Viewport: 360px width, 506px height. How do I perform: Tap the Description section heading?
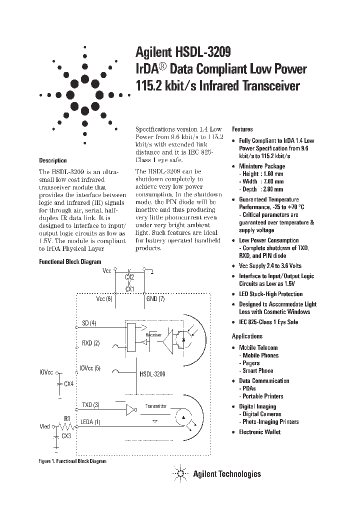tap(53, 160)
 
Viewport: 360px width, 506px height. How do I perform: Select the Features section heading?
tap(242, 129)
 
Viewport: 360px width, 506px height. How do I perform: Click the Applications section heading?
tap(247, 336)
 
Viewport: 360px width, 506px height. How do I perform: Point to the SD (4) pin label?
tap(89, 323)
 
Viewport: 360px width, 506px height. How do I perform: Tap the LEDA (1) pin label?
tap(91, 421)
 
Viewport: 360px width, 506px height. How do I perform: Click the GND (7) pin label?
tap(155, 298)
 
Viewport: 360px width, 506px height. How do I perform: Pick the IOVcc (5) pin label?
tap(90, 368)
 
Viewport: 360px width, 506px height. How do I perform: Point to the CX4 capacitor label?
tap(69, 383)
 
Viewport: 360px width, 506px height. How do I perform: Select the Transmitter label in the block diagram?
tap(156, 406)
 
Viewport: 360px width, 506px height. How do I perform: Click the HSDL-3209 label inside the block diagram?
tap(152, 373)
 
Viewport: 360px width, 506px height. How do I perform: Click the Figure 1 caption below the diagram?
tap(72, 461)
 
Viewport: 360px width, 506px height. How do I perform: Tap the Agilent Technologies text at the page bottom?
tap(226, 473)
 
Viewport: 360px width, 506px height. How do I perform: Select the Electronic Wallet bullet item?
tap(259, 431)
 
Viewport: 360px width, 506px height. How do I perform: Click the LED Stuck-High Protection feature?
tap(270, 294)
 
